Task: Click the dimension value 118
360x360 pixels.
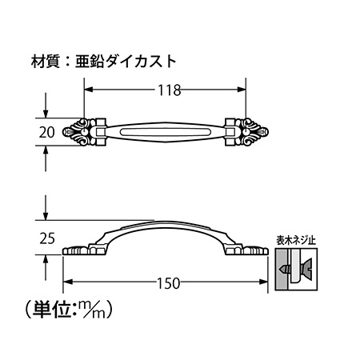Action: click(170, 90)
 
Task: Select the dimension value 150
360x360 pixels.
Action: click(169, 283)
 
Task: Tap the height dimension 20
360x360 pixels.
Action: click(46, 132)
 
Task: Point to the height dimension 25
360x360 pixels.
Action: click(47, 238)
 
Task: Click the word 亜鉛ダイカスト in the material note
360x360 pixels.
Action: click(126, 62)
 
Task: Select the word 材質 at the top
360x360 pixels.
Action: click(46, 62)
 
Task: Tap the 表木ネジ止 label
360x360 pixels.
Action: click(296, 241)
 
